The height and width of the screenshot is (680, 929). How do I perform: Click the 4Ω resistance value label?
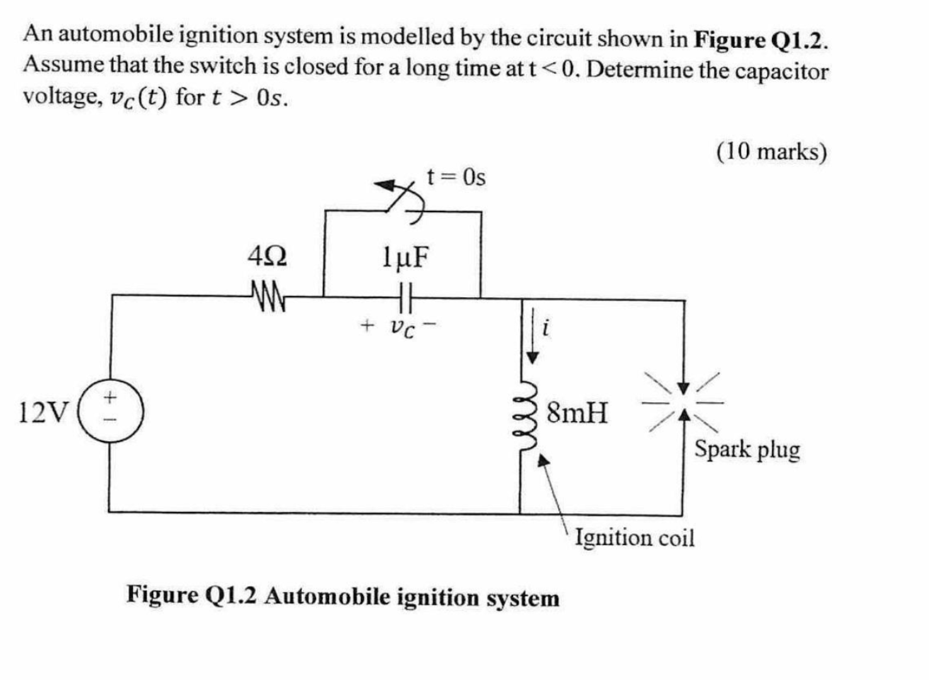tap(267, 257)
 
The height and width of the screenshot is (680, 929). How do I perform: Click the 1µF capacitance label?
tap(405, 257)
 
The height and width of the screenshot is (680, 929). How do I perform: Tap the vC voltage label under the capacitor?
tap(402, 327)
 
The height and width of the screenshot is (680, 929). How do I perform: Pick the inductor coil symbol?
tap(528, 414)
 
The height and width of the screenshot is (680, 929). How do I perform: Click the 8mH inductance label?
tap(577, 413)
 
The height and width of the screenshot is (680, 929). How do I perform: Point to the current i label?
tap(546, 327)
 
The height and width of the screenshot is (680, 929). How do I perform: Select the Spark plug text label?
tap(747, 450)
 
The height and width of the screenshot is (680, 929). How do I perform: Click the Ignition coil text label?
tap(635, 538)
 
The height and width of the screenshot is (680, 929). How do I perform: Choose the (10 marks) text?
tap(771, 152)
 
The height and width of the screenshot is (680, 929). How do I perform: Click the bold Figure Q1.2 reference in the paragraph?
tap(760, 40)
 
